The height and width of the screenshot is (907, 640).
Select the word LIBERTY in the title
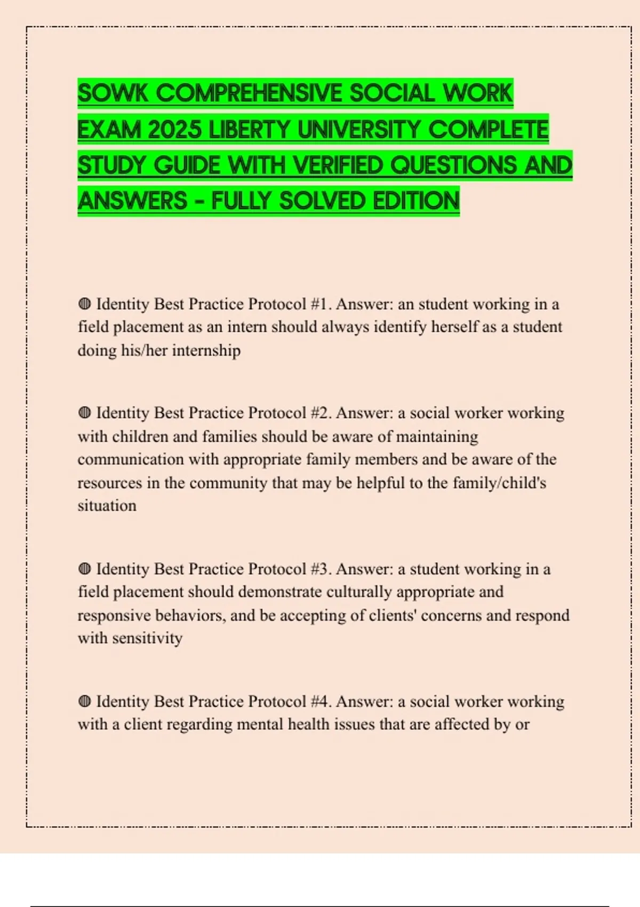pos(250,130)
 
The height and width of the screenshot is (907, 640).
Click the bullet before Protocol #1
pos(84,304)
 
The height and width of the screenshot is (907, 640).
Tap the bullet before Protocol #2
pos(84,413)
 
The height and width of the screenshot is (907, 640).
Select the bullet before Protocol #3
pos(84,569)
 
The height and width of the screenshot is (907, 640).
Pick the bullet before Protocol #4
pos(84,701)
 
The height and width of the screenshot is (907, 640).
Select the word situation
pos(107,506)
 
